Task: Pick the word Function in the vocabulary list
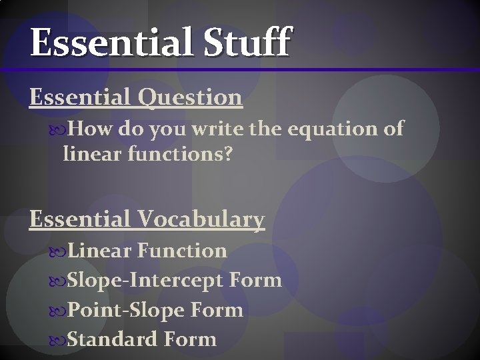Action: (182, 251)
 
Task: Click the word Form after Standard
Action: (189, 339)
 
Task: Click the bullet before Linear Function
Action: (58, 251)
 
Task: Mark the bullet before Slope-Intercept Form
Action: (58, 281)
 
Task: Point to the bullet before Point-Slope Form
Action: (58, 311)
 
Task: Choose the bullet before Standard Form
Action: (58, 340)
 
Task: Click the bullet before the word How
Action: (58, 128)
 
